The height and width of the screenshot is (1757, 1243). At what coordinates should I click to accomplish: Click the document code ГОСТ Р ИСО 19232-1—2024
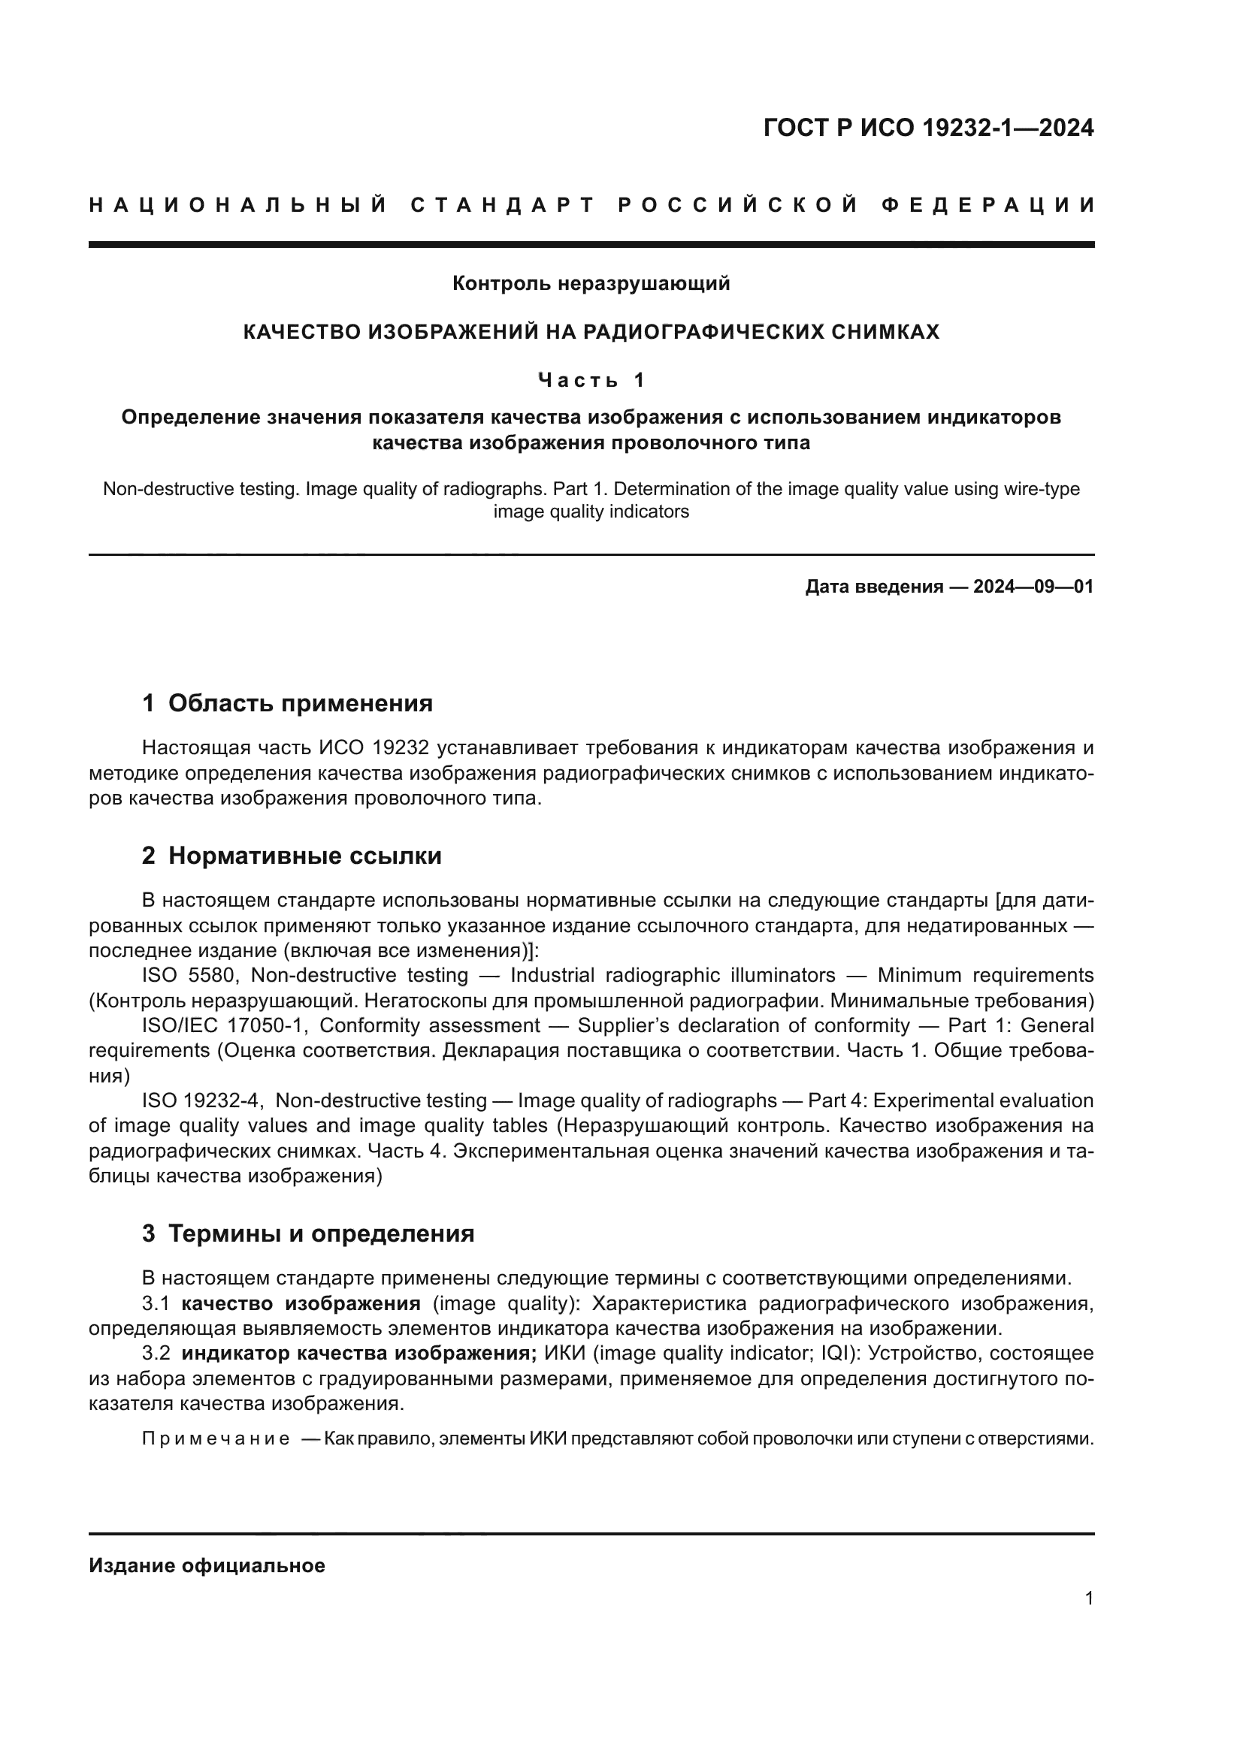coord(928,128)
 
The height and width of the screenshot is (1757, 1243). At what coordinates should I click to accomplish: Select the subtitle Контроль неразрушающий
coord(591,283)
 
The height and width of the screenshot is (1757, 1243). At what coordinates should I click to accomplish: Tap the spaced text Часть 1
coord(591,379)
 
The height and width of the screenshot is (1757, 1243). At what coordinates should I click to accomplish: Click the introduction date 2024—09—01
coord(1033,587)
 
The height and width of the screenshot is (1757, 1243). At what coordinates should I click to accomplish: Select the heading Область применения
coord(300,703)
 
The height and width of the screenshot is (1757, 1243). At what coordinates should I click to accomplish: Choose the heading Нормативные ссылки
coord(304,856)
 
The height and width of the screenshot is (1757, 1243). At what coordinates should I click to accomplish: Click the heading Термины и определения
coord(321,1233)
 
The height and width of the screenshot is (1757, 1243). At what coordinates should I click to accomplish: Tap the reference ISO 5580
coord(189,976)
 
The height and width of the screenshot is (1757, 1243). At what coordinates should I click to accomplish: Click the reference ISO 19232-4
coord(203,1100)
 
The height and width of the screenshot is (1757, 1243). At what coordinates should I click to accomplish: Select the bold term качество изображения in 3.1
coord(301,1303)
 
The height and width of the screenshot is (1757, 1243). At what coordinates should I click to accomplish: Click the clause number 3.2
coord(156,1354)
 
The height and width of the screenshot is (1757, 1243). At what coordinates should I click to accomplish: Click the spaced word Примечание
coord(216,1439)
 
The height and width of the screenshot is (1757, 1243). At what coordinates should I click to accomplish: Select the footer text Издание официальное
coord(207,1565)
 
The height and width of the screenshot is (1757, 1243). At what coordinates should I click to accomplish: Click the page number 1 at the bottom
coord(1088,1598)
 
